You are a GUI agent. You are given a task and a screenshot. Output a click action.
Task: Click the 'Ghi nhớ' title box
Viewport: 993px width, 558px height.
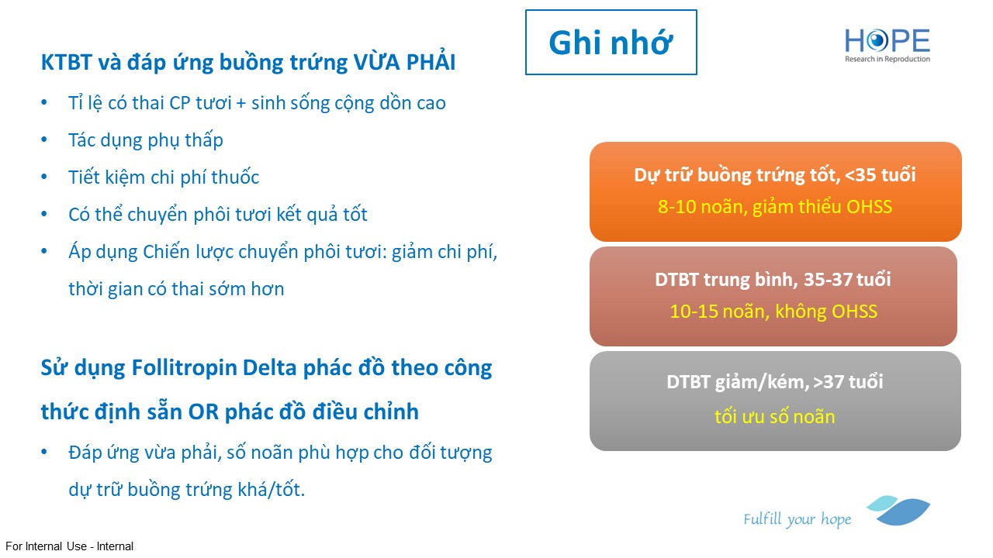(x=611, y=43)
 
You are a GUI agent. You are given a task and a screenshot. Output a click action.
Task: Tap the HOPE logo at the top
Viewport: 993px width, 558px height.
(x=887, y=45)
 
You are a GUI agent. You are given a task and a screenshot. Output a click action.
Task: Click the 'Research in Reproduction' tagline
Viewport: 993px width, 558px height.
(x=887, y=59)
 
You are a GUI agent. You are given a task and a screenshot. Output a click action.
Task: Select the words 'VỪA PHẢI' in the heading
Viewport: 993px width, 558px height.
(x=404, y=61)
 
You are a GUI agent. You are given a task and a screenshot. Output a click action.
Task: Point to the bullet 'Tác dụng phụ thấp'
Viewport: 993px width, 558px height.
(x=145, y=140)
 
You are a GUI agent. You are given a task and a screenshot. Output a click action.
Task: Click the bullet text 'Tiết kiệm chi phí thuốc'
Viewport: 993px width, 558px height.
(x=164, y=177)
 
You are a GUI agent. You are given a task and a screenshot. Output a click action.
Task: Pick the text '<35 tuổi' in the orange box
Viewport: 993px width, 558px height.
(x=881, y=175)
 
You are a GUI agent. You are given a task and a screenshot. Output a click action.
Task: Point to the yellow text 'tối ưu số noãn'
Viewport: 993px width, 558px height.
(x=774, y=417)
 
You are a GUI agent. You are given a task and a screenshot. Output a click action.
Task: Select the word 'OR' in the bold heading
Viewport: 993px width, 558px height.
(x=203, y=412)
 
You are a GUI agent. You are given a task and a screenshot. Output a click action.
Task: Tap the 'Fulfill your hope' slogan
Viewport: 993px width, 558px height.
(x=797, y=519)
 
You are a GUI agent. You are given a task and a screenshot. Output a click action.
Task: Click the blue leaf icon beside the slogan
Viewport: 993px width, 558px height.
(x=898, y=511)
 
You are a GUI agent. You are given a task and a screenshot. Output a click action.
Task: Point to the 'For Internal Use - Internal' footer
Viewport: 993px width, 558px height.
(x=69, y=546)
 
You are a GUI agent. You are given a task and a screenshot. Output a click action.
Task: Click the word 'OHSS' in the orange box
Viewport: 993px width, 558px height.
(x=869, y=207)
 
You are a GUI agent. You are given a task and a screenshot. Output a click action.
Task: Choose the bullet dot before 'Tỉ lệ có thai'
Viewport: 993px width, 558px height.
(x=44, y=103)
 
